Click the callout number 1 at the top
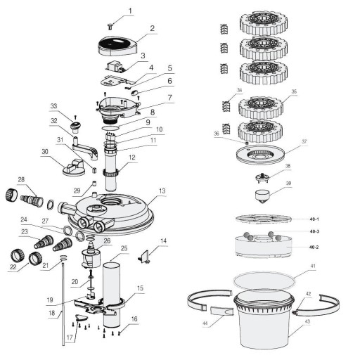coord(130,11)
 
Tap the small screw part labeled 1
coord(110,26)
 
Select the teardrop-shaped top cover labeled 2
coord(117,46)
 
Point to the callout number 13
coord(162,191)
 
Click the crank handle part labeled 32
coord(84,148)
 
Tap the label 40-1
coord(314,219)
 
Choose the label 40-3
coord(314,231)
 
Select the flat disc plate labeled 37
coord(260,155)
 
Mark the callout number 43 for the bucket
coord(307,321)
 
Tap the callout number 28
coord(21,180)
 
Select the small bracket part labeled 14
coord(144,257)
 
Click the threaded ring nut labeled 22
coord(18,256)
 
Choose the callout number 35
coord(294,91)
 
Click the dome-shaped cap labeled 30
coord(74,167)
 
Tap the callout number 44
coord(205,323)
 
